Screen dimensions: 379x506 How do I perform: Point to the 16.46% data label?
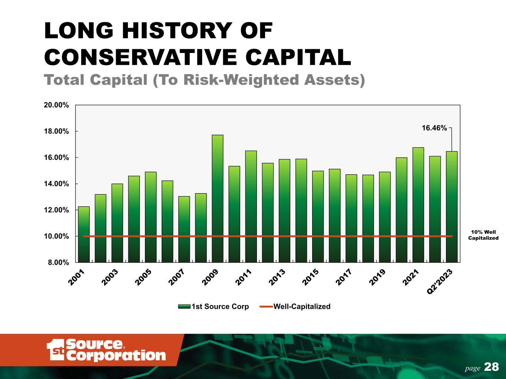tap(434, 128)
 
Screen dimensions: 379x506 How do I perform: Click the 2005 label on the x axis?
tap(143, 278)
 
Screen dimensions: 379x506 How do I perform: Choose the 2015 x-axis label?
tap(310, 278)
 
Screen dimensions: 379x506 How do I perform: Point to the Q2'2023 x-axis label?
tap(440, 282)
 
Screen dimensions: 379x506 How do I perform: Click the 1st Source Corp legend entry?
tap(220, 306)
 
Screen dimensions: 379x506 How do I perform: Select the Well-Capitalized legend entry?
tap(301, 306)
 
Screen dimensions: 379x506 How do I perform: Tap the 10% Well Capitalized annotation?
tap(483, 235)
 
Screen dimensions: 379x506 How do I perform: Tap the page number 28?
tap(492, 367)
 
